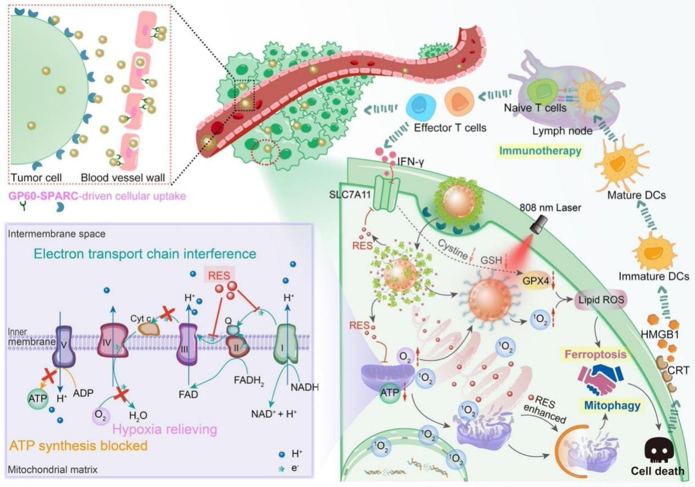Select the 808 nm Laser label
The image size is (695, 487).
(x=550, y=207)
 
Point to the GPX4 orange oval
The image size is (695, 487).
(x=536, y=281)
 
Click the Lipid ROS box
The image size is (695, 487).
(x=601, y=299)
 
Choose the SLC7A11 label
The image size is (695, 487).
(x=350, y=195)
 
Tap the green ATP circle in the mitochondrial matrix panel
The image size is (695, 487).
(x=38, y=398)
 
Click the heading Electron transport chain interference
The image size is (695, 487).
(x=145, y=254)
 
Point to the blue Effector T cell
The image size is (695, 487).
(x=420, y=107)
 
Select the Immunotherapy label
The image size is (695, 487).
(x=540, y=151)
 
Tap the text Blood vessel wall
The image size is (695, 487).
(x=123, y=178)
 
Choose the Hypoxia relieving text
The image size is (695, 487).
(x=164, y=430)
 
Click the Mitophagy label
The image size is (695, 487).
(x=612, y=405)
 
